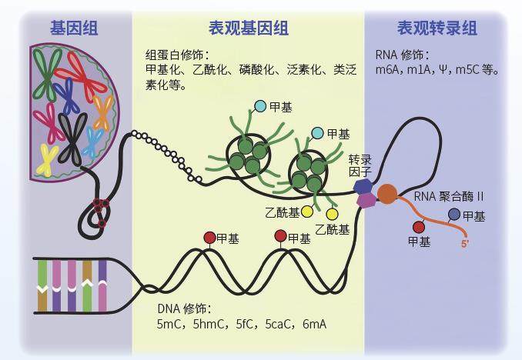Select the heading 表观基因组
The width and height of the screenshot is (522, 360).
248,28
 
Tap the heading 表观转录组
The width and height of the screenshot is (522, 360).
437,28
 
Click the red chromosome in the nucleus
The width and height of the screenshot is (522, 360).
85,73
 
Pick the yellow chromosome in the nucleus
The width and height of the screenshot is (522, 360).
49,158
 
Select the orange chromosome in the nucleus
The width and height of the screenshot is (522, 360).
103,112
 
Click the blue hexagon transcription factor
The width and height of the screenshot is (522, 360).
362,187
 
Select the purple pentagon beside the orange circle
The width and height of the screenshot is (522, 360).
367,200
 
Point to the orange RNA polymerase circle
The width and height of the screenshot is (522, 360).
387,193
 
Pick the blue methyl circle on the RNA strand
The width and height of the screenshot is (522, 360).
454,215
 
